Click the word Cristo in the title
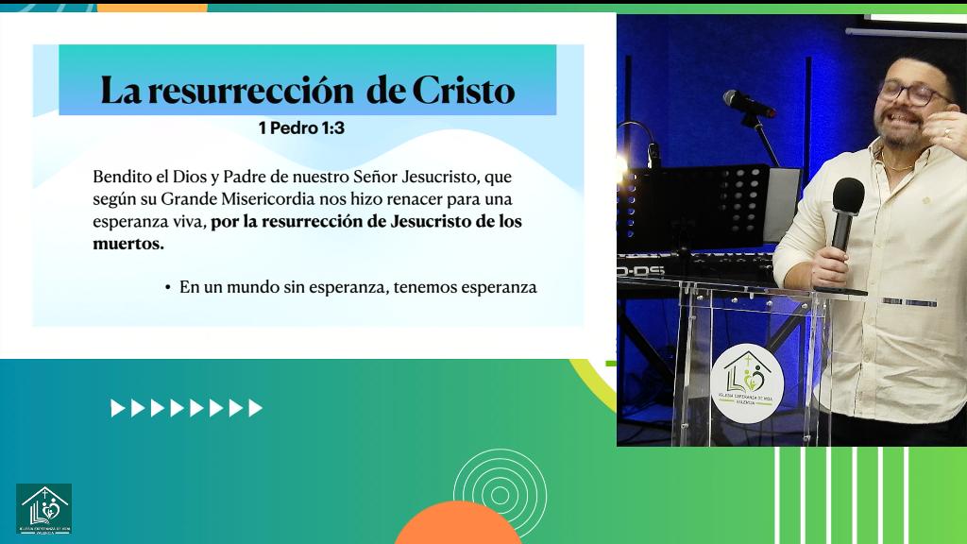click(x=464, y=92)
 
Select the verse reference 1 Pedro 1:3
click(x=301, y=127)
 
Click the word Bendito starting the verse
click(x=120, y=177)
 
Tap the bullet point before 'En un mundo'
click(x=167, y=287)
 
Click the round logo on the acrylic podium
click(x=747, y=382)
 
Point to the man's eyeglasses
click(x=913, y=93)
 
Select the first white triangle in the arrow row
click(x=117, y=408)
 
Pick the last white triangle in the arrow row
click(x=255, y=408)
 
